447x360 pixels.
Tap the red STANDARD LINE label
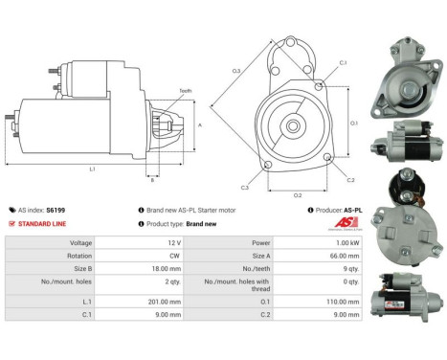coord(44,223)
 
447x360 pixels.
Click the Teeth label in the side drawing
coord(185,91)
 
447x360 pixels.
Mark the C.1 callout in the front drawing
coord(342,63)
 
